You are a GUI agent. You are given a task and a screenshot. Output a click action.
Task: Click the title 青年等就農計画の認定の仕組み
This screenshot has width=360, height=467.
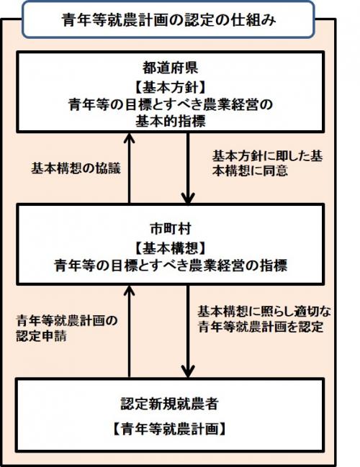click(x=169, y=20)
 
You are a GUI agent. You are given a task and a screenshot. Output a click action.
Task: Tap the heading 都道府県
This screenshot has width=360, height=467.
click(x=170, y=68)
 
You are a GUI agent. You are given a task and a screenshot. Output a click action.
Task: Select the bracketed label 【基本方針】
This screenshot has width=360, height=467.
click(x=170, y=87)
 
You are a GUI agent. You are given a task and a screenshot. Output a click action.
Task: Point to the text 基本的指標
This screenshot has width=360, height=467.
click(x=171, y=121)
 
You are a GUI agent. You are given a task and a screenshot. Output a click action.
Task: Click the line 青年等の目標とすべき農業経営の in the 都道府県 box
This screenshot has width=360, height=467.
click(x=171, y=104)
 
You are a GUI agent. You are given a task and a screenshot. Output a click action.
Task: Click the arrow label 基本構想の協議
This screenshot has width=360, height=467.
click(x=76, y=168)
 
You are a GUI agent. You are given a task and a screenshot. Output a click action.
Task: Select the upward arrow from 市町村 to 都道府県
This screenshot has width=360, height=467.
click(x=129, y=168)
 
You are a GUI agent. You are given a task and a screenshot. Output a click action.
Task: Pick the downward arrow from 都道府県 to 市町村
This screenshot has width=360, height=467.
click(x=188, y=168)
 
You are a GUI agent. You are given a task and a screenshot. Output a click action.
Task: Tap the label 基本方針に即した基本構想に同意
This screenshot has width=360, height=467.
click(x=267, y=163)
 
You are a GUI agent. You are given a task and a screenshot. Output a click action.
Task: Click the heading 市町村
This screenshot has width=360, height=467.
click(x=171, y=229)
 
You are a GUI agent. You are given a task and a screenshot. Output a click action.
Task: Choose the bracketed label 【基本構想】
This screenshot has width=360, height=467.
click(x=171, y=248)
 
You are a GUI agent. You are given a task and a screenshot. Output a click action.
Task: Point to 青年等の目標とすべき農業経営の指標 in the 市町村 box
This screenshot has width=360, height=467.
click(x=171, y=265)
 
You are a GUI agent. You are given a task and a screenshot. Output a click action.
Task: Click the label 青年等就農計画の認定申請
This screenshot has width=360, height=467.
click(x=67, y=329)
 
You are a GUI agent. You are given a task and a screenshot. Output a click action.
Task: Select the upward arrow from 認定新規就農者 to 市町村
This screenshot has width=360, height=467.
click(x=129, y=331)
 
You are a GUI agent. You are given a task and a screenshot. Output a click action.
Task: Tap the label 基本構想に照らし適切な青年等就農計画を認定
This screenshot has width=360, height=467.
click(x=264, y=319)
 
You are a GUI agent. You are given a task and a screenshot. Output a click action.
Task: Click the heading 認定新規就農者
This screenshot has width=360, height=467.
click(x=170, y=404)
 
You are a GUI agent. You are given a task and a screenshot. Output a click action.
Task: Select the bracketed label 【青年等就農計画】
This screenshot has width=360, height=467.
click(x=170, y=429)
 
